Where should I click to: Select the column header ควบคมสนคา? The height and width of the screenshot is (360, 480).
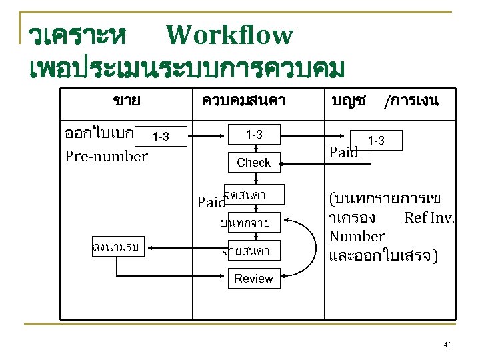pyautogui.click(x=244, y=101)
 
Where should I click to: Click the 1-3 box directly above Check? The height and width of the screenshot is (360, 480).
pyautogui.click(x=254, y=135)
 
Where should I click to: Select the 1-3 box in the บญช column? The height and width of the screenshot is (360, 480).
pyautogui.click(x=377, y=141)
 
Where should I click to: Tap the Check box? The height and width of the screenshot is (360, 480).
pyautogui.click(x=254, y=162)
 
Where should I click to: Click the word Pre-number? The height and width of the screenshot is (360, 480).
pyautogui.click(x=106, y=157)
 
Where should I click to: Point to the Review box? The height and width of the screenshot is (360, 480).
pyautogui.click(x=254, y=279)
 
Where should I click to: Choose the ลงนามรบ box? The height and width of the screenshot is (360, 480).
pyautogui.click(x=116, y=248)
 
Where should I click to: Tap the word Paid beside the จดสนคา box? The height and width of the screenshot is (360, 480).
pyautogui.click(x=211, y=201)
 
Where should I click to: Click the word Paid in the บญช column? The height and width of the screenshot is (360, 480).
pyautogui.click(x=345, y=153)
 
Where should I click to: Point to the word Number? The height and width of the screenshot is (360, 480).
pyautogui.click(x=357, y=236)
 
